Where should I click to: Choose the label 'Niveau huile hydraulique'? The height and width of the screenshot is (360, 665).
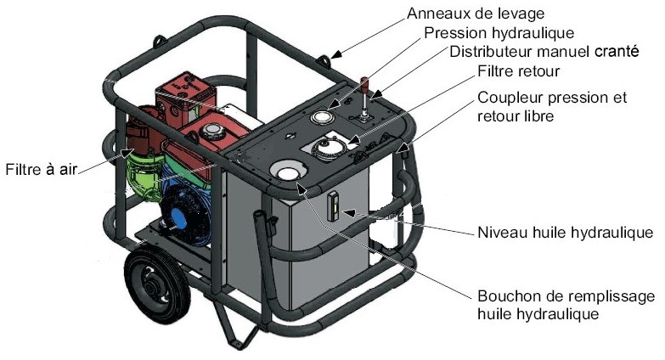coord(565,231)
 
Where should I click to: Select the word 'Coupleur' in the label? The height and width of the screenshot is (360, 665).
coord(506,98)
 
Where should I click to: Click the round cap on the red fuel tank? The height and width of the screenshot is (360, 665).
coord(211,133)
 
